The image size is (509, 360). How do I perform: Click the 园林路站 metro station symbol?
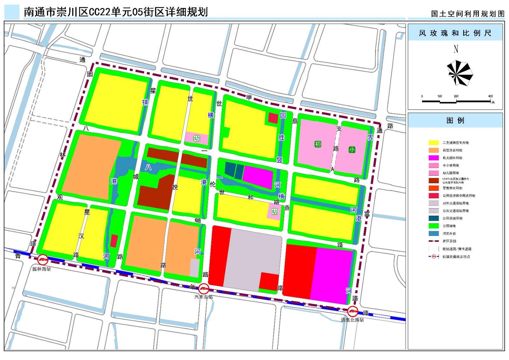(43, 260)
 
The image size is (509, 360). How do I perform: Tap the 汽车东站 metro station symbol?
(204, 289)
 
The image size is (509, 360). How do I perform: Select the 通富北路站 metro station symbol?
(352, 311)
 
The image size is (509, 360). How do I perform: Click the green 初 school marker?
(317, 144)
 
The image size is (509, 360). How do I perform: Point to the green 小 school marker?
(352, 150)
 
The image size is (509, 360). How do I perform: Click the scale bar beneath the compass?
(456, 102)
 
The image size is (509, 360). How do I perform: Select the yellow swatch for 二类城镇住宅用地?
(434, 143)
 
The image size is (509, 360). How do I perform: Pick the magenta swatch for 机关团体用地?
(434, 158)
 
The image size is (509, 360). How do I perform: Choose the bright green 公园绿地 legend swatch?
(434, 226)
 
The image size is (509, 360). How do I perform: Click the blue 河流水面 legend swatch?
(434, 233)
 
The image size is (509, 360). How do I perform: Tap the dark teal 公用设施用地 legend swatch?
(434, 218)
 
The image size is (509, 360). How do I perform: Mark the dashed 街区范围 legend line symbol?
(434, 241)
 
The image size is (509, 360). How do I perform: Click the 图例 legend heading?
(455, 121)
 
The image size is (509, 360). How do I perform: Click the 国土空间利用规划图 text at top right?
(468, 14)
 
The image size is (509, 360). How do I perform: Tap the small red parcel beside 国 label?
(273, 118)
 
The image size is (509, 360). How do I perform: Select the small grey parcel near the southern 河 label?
(195, 268)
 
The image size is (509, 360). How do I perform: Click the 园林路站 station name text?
(42, 269)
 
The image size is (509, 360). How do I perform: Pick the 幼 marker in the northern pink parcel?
(197, 138)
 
